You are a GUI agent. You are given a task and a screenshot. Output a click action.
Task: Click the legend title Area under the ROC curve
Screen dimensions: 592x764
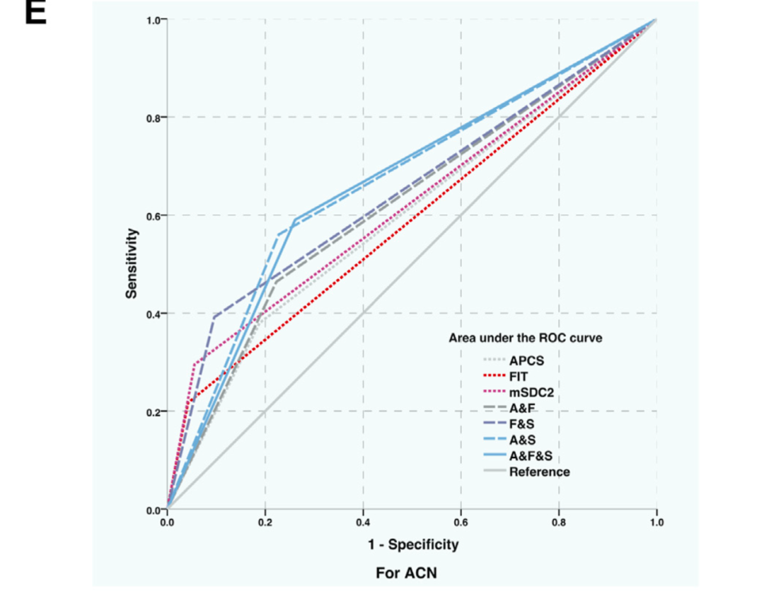coord(526,338)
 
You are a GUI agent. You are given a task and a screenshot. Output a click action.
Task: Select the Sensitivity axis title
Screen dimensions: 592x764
coord(132,262)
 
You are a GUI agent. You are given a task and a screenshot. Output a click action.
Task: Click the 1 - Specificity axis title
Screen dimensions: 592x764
coord(412,545)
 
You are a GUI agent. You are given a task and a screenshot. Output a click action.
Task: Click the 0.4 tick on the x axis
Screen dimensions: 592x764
coord(363,523)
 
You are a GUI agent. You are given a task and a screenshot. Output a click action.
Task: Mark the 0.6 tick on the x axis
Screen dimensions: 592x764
coord(461,523)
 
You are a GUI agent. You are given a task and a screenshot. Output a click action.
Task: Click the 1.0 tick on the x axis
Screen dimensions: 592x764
coord(656,523)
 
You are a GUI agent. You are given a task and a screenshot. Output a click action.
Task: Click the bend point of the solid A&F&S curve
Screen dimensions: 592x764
coord(294,220)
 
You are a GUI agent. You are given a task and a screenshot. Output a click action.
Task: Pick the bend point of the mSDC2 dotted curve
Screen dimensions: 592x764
coord(194,365)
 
